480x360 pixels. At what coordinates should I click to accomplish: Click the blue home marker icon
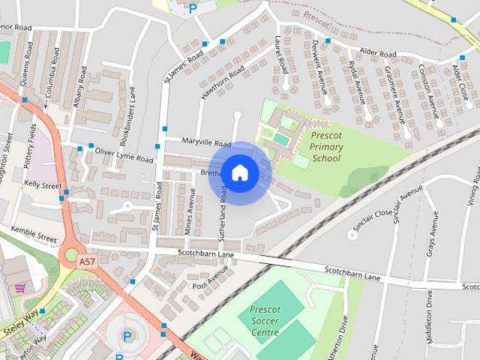click(239, 172)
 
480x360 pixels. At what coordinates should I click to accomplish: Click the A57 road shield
click(88, 260)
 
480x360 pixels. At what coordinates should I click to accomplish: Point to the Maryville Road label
click(207, 142)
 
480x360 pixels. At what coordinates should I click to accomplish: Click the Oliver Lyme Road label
click(124, 155)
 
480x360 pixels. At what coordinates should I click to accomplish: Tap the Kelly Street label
click(43, 184)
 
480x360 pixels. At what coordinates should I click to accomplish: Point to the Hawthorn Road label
click(223, 83)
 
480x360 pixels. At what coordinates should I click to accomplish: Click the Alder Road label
click(377, 53)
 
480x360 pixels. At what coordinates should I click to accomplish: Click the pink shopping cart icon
click(20, 287)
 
